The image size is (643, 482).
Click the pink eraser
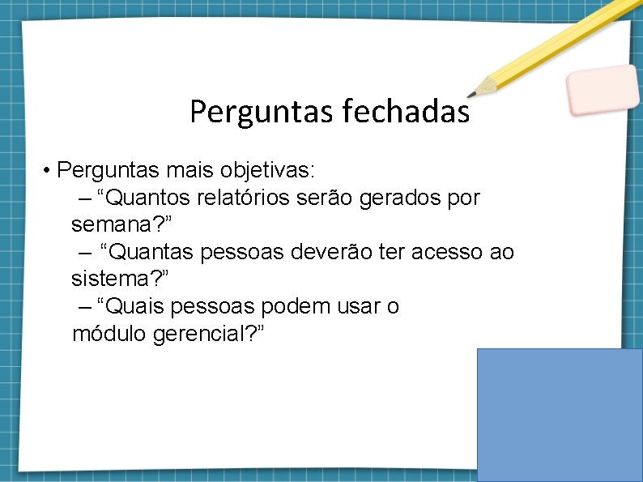pos(603,89)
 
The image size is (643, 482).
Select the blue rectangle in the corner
pos(560,414)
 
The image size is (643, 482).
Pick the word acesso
pos(445,253)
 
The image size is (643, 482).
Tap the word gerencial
pos(200,334)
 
